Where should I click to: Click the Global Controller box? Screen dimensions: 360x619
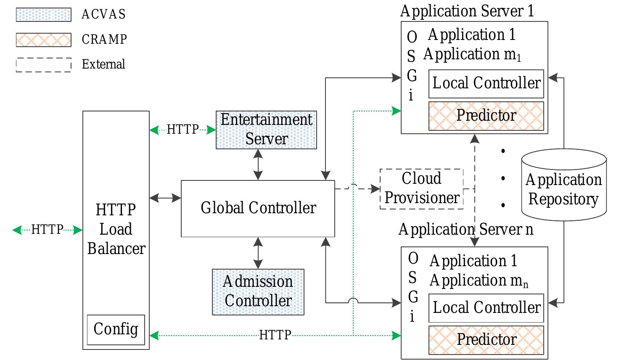258,209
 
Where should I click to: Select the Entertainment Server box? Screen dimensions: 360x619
266,130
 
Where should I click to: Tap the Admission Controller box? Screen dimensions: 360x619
258,291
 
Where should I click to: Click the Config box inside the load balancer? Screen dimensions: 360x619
116,329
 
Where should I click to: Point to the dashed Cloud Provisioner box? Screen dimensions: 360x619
421,189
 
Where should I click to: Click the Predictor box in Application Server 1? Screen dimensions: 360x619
486,116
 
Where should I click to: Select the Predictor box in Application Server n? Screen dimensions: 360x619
486,340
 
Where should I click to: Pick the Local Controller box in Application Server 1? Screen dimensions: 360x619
486,84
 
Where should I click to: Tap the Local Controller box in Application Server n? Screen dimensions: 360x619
486,308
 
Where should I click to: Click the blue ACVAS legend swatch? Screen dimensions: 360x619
43,14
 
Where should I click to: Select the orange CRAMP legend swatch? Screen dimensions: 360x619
43,40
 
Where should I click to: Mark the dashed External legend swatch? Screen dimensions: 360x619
43,65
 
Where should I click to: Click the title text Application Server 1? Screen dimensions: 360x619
467,11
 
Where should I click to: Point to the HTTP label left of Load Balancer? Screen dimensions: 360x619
47,230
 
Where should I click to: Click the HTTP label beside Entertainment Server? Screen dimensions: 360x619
183,130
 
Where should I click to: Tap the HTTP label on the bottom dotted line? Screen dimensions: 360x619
275,335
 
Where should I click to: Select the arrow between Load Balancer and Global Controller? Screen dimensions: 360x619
165,198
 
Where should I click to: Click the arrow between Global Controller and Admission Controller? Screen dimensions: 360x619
258,253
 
